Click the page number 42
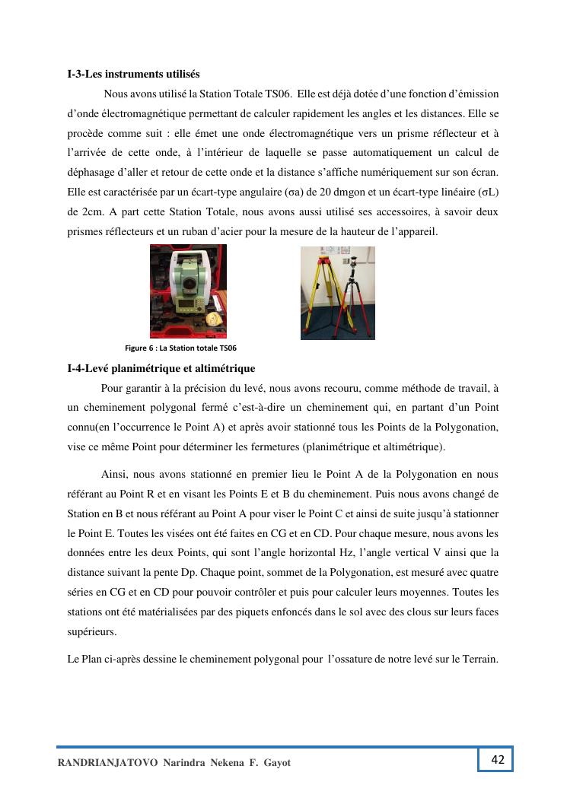[498, 759]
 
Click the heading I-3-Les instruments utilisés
[133, 74]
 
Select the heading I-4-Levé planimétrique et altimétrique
[161, 369]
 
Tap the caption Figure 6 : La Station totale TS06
[180, 348]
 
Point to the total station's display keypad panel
[187, 305]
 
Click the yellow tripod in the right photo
[320, 293]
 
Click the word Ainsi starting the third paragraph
[114, 474]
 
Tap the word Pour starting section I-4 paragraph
[112, 388]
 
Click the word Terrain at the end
[479, 658]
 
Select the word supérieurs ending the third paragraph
[91, 631]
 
